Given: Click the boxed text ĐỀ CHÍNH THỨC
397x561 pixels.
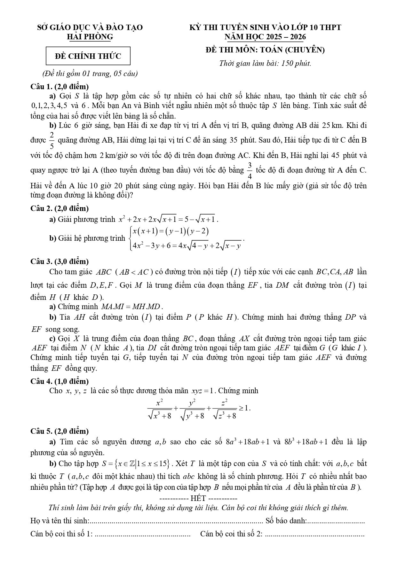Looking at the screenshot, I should [88, 56].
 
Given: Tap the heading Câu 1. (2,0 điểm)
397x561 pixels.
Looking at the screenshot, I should [60, 86].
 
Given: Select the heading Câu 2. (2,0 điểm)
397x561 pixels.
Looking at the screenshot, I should [60, 208].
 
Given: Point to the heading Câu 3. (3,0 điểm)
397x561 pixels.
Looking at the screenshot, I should [60, 261].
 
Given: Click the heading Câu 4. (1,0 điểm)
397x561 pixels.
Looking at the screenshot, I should [60, 381].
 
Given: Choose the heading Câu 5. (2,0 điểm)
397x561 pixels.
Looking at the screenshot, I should [60, 431].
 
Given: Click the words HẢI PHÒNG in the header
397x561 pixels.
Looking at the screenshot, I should [90, 37].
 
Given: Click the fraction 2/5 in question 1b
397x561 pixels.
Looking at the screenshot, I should [52, 140].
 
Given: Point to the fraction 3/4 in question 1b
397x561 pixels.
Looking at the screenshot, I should [250, 170].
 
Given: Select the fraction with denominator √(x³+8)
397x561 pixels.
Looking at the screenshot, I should [160, 409].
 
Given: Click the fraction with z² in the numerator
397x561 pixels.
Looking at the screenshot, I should [224, 409].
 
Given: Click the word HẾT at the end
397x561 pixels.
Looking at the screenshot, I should [198, 498].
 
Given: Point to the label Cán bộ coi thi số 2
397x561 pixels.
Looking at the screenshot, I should [231, 534].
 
